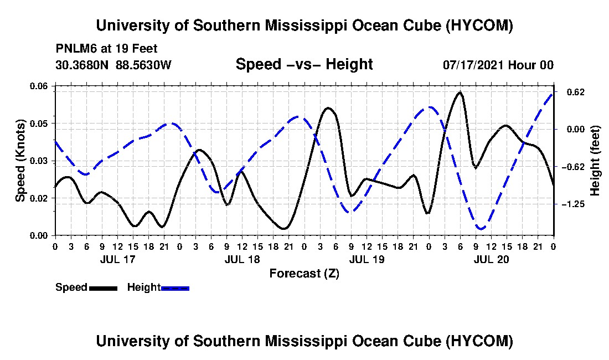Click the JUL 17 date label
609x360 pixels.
118,259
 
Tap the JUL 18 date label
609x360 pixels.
242,259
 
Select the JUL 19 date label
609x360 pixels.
367,259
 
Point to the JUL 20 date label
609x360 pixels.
491,259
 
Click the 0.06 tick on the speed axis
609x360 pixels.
39,86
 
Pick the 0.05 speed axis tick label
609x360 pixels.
39,124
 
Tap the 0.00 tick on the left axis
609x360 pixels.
39,236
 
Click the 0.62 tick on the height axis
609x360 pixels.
576,92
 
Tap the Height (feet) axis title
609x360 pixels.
595,161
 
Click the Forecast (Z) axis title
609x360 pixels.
304,274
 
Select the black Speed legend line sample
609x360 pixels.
103,288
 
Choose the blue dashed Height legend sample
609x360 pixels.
175,288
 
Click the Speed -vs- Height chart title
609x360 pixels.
304,64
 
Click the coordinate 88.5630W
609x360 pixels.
144,65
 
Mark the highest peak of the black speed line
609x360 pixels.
460,92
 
